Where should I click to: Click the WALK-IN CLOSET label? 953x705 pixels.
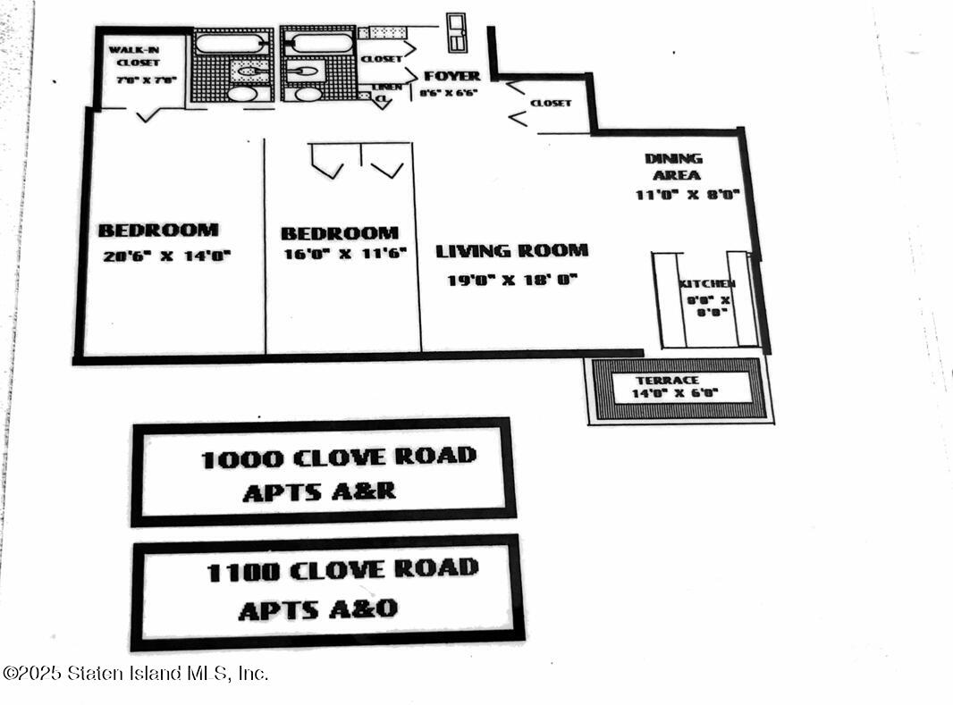pyautogui.click(x=134, y=56)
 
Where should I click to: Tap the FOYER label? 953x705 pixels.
pyautogui.click(x=451, y=76)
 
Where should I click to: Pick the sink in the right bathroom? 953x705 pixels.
pyautogui.click(x=308, y=93)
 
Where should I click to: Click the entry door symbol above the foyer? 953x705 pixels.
pyautogui.click(x=456, y=32)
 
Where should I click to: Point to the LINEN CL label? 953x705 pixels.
pyautogui.click(x=385, y=92)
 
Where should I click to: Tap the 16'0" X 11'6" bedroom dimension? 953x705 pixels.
pyautogui.click(x=343, y=253)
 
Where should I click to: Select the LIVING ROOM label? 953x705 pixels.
pyautogui.click(x=511, y=251)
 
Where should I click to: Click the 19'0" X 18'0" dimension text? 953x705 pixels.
pyautogui.click(x=512, y=280)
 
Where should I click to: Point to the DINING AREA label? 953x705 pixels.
pyautogui.click(x=673, y=166)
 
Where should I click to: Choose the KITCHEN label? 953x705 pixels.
pyautogui.click(x=707, y=283)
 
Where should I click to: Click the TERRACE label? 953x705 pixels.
pyautogui.click(x=679, y=381)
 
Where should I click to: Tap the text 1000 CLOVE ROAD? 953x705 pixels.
pyautogui.click(x=338, y=458)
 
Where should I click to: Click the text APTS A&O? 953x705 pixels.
pyautogui.click(x=317, y=610)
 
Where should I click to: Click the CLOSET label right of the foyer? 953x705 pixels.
pyautogui.click(x=551, y=103)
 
